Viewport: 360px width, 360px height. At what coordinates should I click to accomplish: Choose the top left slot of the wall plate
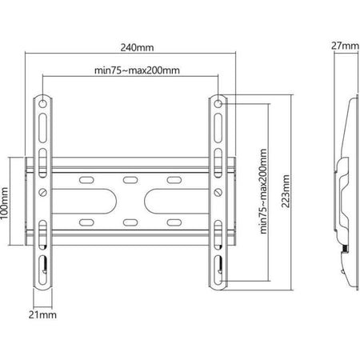tap(87, 179)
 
